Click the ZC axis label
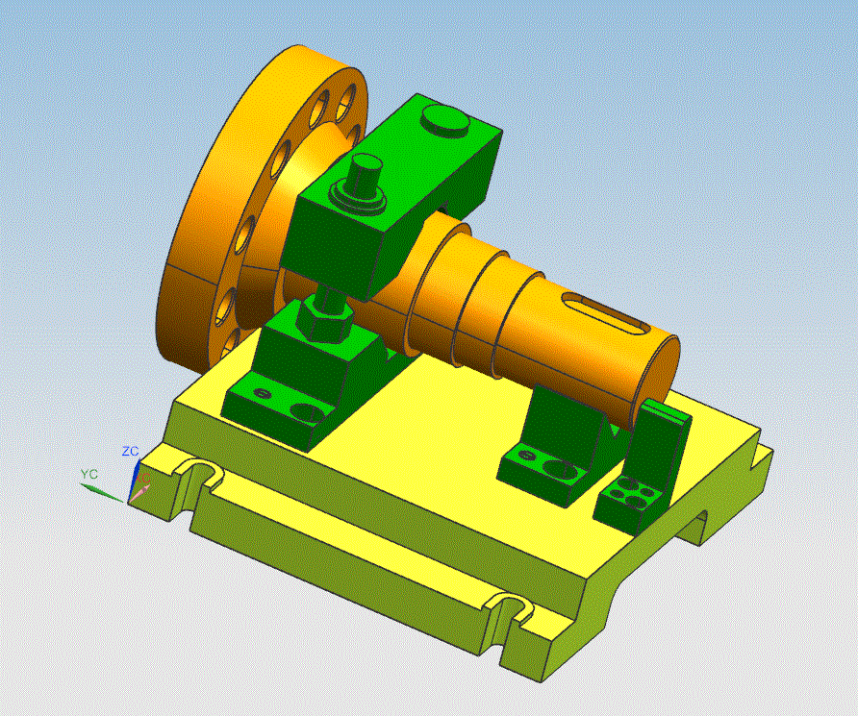[130, 452]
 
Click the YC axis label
[89, 474]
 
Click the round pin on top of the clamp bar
[445, 121]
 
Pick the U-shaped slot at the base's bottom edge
[509, 611]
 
